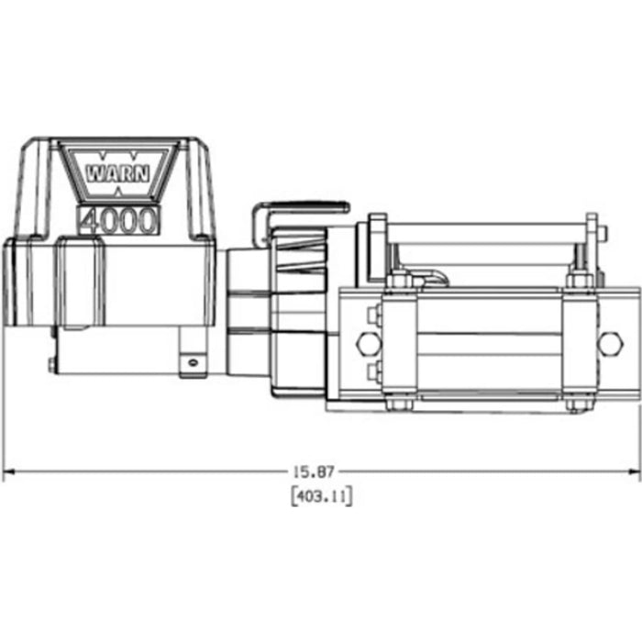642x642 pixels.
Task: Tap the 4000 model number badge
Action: [119, 220]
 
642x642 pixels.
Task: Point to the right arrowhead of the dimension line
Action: [634, 471]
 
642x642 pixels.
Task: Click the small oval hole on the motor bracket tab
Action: [193, 361]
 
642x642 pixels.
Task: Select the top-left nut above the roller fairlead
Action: [396, 279]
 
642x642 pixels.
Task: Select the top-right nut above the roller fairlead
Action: [578, 279]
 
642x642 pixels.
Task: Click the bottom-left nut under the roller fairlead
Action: [396, 403]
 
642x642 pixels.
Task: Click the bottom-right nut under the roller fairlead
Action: [578, 403]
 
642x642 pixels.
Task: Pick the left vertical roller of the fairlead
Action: [397, 341]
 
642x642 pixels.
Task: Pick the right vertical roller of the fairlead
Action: [578, 341]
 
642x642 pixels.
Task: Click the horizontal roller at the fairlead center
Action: [487, 341]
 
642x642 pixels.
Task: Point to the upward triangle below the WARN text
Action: [119, 191]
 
